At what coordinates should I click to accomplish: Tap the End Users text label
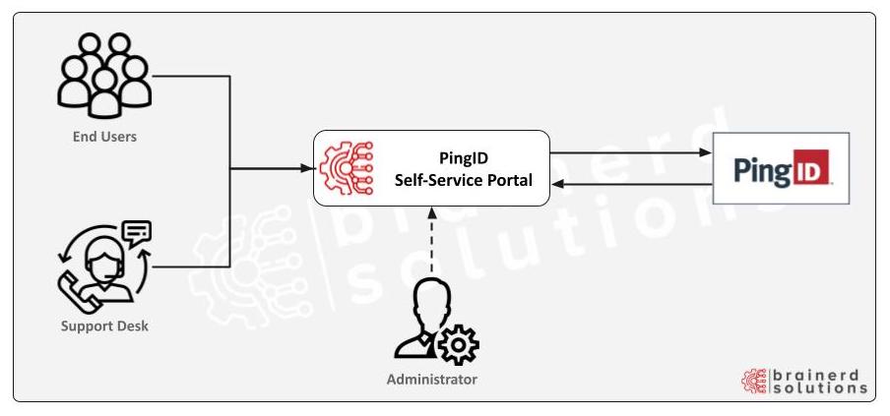tap(104, 137)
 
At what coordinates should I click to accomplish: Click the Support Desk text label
tap(104, 326)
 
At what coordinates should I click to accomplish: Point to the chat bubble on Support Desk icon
tap(136, 234)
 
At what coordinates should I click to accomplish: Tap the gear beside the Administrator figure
tap(457, 345)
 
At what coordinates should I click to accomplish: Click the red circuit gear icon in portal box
tap(347, 168)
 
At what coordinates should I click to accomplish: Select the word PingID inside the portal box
tap(463, 158)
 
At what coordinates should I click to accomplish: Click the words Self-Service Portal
tap(463, 180)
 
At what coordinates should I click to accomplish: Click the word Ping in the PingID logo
tap(765, 169)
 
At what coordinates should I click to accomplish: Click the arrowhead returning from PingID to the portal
tap(557, 184)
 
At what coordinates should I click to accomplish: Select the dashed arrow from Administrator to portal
tap(430, 241)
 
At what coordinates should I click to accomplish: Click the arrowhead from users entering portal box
tap(306, 168)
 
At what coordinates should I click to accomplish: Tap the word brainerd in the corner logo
tap(819, 374)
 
